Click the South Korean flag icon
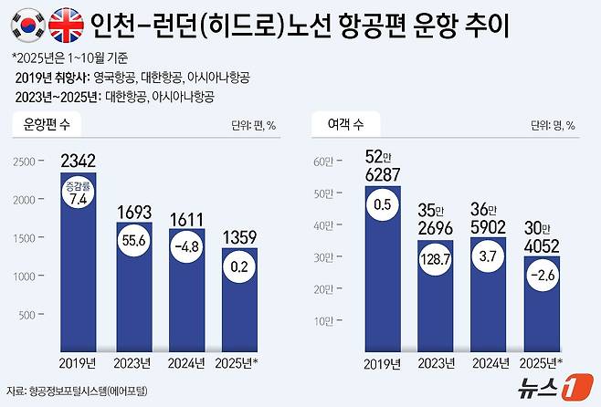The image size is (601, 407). click(25, 22)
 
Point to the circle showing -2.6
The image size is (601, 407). click(546, 277)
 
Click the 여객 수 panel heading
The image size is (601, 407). click(343, 121)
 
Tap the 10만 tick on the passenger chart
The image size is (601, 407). click(325, 321)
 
